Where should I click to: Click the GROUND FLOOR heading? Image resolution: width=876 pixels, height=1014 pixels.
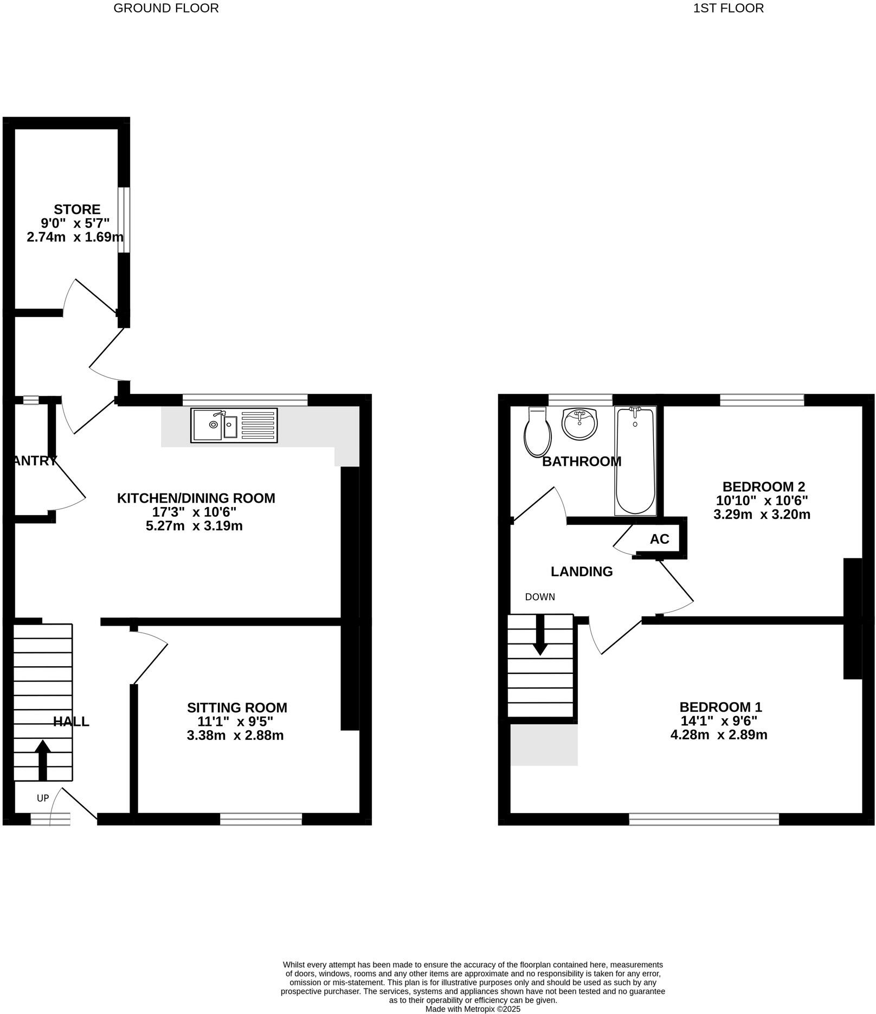click(x=166, y=8)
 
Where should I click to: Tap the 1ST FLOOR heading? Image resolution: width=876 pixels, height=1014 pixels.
click(x=728, y=8)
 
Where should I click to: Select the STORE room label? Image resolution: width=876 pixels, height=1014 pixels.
click(x=76, y=209)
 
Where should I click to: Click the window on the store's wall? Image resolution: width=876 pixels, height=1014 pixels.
click(x=124, y=220)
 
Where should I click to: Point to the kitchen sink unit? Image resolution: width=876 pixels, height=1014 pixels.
click(x=234, y=425)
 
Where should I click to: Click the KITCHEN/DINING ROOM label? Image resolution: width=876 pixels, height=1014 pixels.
click(x=196, y=498)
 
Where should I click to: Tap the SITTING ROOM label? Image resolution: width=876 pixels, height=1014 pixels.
click(x=237, y=707)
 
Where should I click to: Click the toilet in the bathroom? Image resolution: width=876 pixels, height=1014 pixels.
click(x=537, y=432)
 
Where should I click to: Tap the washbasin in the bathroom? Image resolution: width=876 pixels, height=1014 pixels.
click(x=579, y=424)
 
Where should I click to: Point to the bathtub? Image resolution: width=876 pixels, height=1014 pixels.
click(x=635, y=460)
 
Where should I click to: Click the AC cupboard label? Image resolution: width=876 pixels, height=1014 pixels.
click(x=659, y=539)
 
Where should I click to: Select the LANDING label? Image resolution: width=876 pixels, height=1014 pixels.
click(x=581, y=571)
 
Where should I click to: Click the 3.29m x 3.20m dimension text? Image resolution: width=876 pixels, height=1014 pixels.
click(x=761, y=515)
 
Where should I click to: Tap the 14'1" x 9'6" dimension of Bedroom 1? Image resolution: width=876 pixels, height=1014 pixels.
click(x=719, y=720)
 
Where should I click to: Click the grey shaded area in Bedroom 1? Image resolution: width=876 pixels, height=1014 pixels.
click(x=544, y=745)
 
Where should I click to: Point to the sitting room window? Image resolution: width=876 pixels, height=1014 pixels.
click(x=261, y=818)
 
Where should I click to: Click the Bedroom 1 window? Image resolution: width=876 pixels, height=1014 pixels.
click(x=704, y=818)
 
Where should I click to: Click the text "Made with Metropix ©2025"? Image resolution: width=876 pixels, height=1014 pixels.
click(x=473, y=1009)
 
